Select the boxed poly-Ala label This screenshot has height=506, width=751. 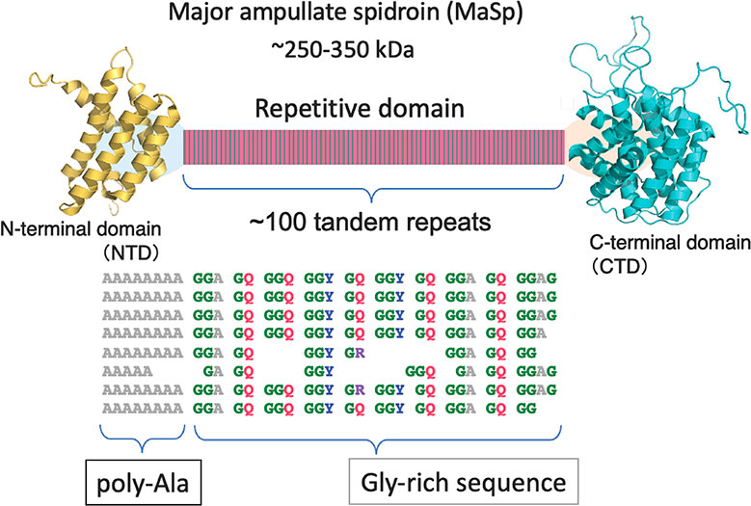(144, 478)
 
